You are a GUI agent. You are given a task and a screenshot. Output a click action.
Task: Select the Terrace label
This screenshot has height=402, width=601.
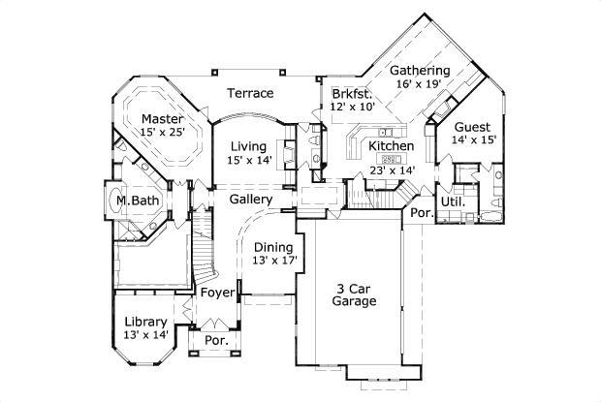pos(249,93)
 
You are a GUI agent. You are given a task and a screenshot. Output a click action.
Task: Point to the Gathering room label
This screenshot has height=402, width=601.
pos(419,71)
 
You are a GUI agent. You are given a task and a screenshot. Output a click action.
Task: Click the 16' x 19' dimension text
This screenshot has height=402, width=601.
pos(419,84)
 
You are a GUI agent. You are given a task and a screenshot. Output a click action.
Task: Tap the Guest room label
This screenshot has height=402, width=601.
pos(471,127)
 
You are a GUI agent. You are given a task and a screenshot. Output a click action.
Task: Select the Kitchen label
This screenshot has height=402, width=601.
pos(392,146)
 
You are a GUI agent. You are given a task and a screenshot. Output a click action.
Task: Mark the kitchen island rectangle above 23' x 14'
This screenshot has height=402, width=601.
pos(390,159)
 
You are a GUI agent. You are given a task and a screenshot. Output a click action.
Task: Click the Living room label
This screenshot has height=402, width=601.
pos(248,146)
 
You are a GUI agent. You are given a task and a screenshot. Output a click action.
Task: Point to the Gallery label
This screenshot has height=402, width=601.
pos(250,200)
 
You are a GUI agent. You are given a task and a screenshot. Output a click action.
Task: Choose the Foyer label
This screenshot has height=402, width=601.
pos(218,292)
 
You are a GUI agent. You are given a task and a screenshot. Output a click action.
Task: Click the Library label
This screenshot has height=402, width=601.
pos(146,322)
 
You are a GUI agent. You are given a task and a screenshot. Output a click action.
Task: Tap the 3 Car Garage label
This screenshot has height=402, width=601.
pos(354,294)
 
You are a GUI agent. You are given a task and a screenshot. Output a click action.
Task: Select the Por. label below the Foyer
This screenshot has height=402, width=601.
pos(215,341)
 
